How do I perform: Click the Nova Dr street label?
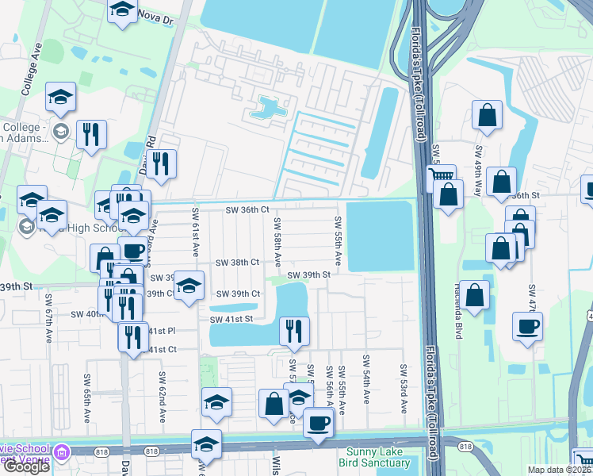pyautogui.click(x=155, y=14)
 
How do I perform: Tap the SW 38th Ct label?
pyautogui.click(x=238, y=262)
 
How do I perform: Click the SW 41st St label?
pyautogui.click(x=231, y=319)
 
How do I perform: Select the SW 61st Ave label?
pyautogui.click(x=195, y=232)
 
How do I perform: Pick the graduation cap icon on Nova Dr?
pyautogui.click(x=122, y=10)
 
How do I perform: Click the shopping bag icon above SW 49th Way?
pyautogui.click(x=487, y=116)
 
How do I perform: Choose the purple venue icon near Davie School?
pyautogui.click(x=61, y=453)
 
